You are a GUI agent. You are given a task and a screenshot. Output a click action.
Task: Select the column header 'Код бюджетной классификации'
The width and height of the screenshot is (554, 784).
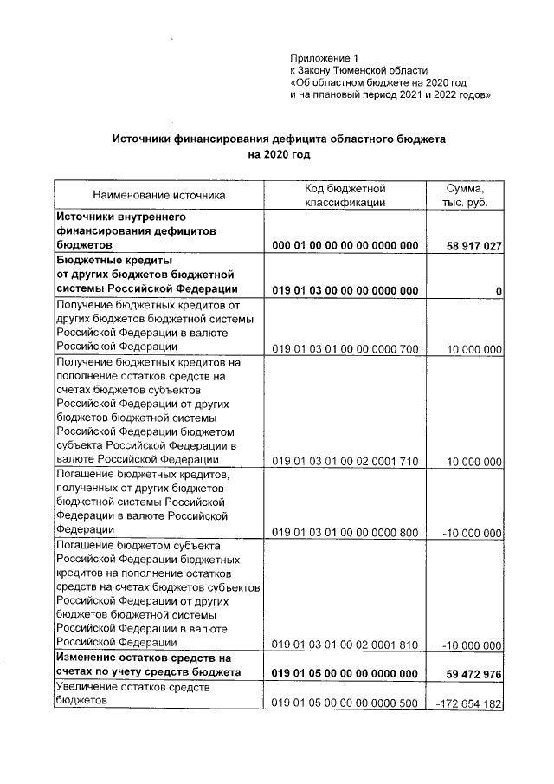pyautogui.click(x=345, y=195)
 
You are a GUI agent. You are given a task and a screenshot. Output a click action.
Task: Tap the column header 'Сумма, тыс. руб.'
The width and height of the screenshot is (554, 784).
pyautogui.click(x=464, y=195)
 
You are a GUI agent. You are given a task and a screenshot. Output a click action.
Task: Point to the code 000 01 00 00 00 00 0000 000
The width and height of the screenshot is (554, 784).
pyautogui.click(x=345, y=246)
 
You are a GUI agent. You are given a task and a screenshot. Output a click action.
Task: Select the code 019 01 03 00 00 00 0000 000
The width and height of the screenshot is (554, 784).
pyautogui.click(x=345, y=289)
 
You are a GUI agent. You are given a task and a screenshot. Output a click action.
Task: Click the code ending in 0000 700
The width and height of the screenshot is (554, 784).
pyautogui.click(x=345, y=349)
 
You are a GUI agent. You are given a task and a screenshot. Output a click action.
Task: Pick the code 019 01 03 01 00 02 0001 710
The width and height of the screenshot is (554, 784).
pyautogui.click(x=345, y=461)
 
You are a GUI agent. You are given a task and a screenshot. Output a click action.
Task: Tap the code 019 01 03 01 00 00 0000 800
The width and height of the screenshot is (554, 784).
pyautogui.click(x=345, y=531)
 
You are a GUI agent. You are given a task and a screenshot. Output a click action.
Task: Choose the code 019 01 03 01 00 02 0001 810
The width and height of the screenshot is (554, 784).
pyautogui.click(x=345, y=644)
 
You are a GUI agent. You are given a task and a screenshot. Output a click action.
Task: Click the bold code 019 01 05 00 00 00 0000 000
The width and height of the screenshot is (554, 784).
pyautogui.click(x=345, y=672)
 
